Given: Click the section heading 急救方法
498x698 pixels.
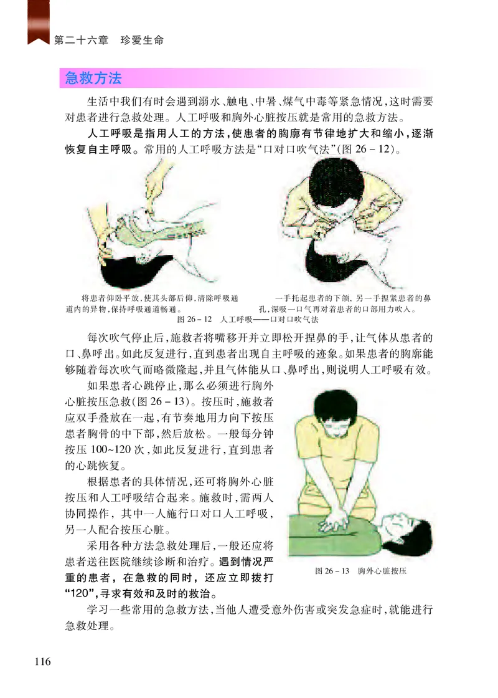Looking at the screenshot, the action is (x=93, y=79).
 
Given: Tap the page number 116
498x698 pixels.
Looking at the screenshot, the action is (x=43, y=661).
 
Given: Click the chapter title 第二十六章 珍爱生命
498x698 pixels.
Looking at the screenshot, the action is (x=109, y=41).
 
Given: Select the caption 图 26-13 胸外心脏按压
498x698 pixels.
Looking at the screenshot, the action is (x=360, y=571).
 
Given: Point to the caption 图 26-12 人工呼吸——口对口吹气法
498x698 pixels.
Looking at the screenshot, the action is (x=248, y=320).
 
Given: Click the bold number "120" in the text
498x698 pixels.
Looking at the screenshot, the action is (x=82, y=594).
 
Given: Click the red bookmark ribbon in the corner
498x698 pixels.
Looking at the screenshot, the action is (x=39, y=22).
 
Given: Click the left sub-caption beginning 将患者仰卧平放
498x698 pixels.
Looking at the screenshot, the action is (x=152, y=304).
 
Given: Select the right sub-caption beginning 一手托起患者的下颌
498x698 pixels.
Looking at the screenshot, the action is (x=345, y=304).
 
